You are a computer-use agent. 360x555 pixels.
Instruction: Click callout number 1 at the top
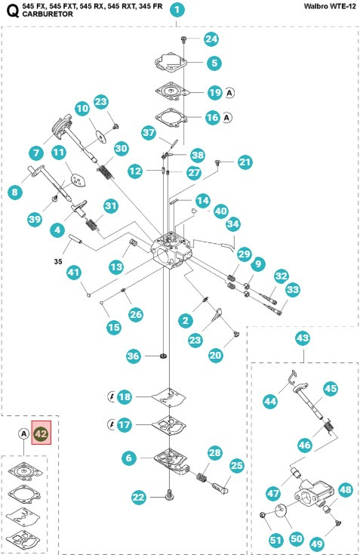coord(176,10)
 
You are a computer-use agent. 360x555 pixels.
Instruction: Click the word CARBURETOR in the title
coord(50,14)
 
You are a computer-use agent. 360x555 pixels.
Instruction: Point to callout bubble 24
coord(211,39)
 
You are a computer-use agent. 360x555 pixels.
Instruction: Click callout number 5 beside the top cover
coord(214,63)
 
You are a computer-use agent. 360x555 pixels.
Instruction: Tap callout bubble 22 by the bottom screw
coord(138,496)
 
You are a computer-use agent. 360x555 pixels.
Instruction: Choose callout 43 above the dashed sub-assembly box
coord(303,337)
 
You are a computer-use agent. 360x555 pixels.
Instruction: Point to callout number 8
coord(14,193)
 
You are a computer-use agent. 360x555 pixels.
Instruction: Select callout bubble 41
coord(73,272)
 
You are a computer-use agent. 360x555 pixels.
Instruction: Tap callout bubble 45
coord(330,389)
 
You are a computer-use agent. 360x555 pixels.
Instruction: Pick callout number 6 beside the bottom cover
coord(130,457)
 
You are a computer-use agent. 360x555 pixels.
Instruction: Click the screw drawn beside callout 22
coord(165,495)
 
